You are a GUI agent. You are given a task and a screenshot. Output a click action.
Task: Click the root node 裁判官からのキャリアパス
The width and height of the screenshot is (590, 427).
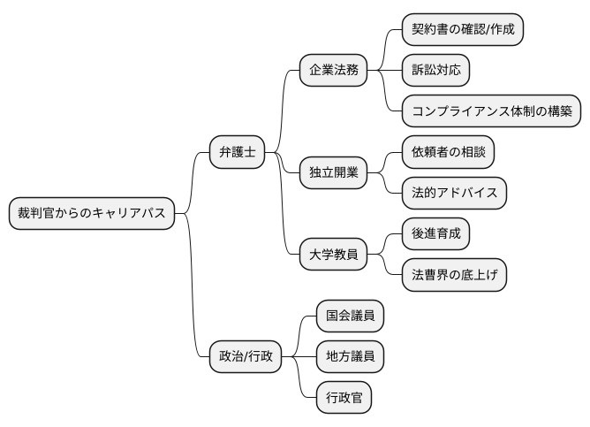[x=91, y=213]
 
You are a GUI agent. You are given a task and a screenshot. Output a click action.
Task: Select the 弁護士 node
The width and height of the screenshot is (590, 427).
[x=237, y=152]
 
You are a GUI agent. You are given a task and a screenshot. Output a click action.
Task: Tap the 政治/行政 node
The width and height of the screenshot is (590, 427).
[x=246, y=357]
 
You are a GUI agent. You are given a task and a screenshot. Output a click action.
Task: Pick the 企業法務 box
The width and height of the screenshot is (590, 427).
[x=334, y=70]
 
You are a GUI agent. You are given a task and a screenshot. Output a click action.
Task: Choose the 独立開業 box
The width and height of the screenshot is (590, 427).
[x=334, y=172]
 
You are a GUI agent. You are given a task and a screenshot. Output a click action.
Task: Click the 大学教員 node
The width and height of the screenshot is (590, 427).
[x=334, y=255]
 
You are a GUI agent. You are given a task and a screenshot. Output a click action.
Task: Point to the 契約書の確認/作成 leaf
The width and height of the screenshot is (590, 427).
[x=462, y=29]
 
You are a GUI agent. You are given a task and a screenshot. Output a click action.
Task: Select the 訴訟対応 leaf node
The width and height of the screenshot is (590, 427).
[x=435, y=70]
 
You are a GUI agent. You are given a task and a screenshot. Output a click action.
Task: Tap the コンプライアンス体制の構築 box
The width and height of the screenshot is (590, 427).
[x=491, y=111]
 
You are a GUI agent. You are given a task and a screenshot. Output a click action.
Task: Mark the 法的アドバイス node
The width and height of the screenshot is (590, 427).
[x=454, y=193]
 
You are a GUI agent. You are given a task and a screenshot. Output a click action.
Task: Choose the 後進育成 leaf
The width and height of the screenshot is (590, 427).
[x=435, y=234]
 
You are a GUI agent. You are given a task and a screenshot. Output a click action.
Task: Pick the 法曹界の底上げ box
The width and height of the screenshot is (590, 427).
[x=454, y=275]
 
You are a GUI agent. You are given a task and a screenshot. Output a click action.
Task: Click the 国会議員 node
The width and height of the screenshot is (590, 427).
[x=351, y=316]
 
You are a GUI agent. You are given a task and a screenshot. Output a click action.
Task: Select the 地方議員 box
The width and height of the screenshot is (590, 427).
[x=351, y=357]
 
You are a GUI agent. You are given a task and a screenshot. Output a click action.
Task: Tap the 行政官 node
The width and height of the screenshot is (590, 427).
[x=344, y=398]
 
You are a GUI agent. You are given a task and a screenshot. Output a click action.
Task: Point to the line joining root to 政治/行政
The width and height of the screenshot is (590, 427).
[x=193, y=292]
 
